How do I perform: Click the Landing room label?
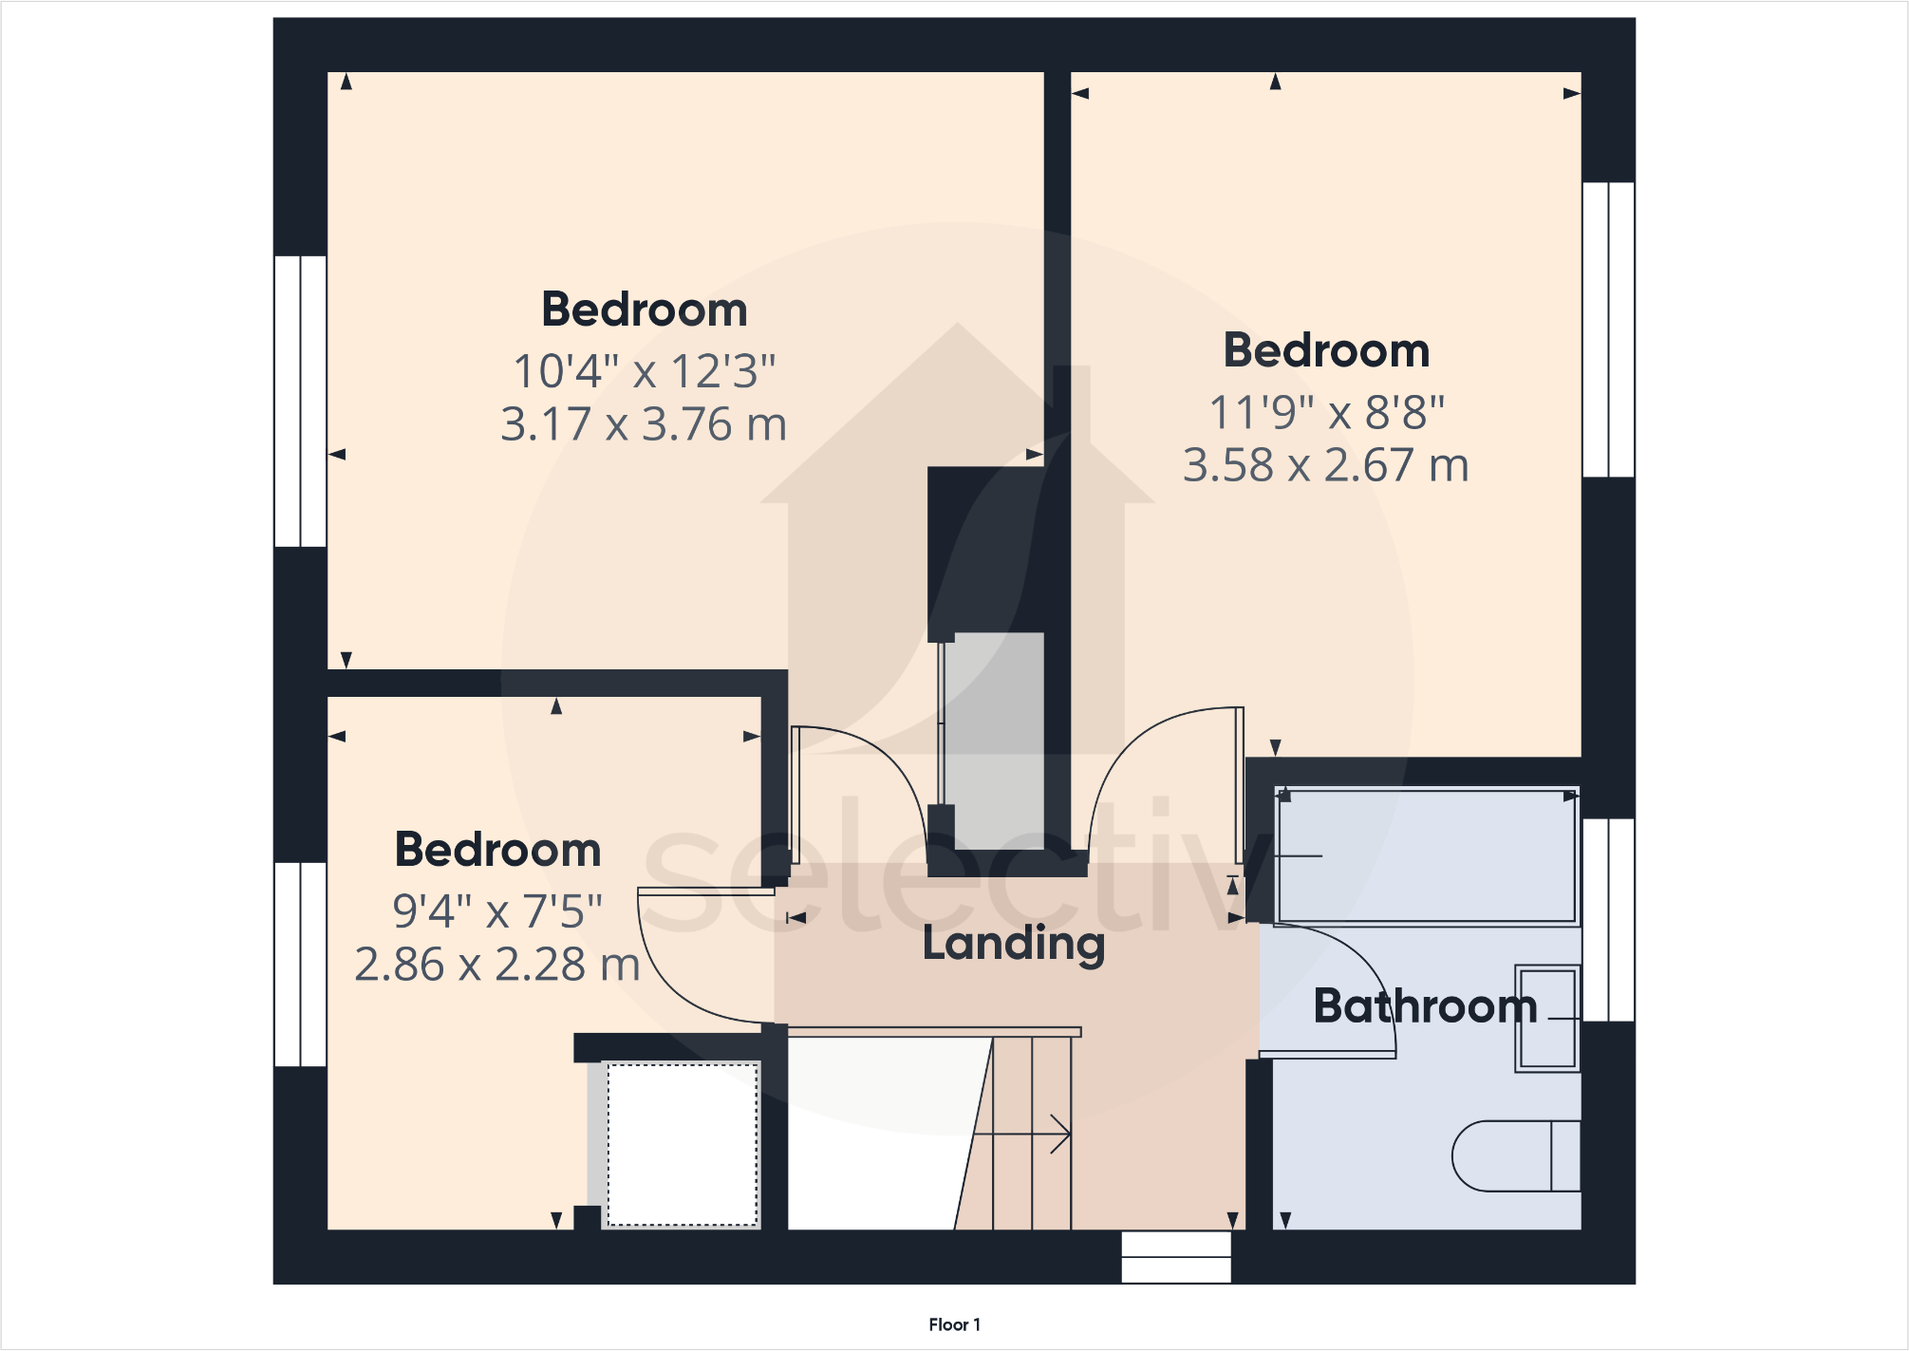click(x=1014, y=944)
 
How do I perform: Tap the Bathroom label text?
click(x=1425, y=1006)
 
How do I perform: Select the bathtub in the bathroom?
click(x=1426, y=855)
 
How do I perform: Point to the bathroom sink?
click(x=1547, y=1019)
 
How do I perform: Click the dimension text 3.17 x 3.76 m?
click(x=644, y=424)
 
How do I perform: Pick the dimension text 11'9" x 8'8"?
click(x=1326, y=413)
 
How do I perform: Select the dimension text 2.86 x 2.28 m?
click(x=497, y=965)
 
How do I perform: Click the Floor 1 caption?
click(x=954, y=1324)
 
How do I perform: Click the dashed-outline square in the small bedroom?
click(x=683, y=1144)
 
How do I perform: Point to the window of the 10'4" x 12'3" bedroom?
click(x=300, y=401)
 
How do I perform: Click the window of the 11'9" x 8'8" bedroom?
click(x=1608, y=329)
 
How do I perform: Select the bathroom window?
click(x=1608, y=919)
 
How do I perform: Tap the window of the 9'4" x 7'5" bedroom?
click(x=300, y=964)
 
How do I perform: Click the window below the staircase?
click(x=1176, y=1257)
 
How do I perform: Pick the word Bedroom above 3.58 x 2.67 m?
click(x=1326, y=350)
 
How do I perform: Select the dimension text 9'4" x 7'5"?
click(x=497, y=911)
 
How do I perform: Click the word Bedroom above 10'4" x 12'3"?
click(x=645, y=310)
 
